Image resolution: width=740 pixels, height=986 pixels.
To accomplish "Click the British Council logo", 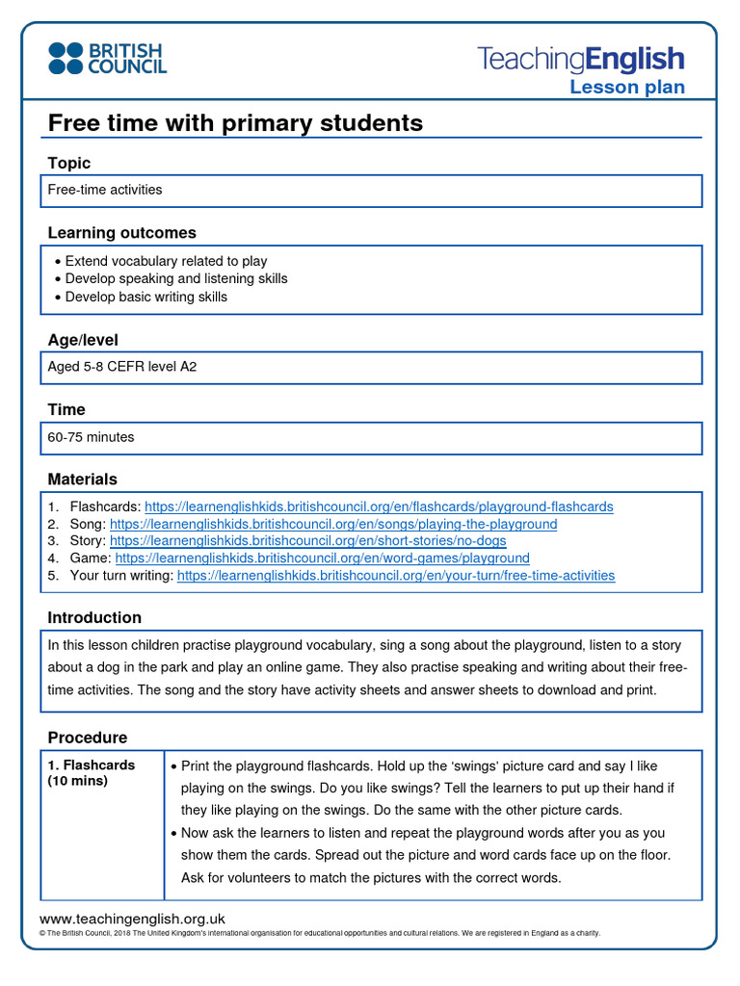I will pyautogui.click(x=107, y=58).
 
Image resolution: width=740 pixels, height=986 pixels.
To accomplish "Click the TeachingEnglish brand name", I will pyautogui.click(x=580, y=59).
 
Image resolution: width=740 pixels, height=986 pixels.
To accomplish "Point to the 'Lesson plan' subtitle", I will pyautogui.click(x=626, y=88).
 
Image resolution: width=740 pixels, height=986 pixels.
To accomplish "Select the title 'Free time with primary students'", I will pyautogui.click(x=235, y=123).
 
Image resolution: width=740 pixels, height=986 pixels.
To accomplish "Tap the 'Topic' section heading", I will pyautogui.click(x=69, y=164).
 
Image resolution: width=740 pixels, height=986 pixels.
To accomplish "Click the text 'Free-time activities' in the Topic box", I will pyautogui.click(x=105, y=190).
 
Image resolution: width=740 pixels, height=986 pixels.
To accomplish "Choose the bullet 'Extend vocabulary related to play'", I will pyautogui.click(x=166, y=261).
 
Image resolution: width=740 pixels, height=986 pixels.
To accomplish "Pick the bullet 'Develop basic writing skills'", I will pyautogui.click(x=146, y=297).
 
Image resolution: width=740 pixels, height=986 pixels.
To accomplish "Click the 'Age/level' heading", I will pyautogui.click(x=83, y=340).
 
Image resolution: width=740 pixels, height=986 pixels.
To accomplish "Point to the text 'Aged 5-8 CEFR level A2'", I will pyautogui.click(x=122, y=367).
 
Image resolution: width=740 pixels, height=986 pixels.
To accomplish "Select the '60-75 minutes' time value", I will pyautogui.click(x=92, y=437).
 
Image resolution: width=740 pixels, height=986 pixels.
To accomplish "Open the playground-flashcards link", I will pyautogui.click(x=378, y=506).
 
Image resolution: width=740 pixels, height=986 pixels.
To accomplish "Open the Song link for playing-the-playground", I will pyautogui.click(x=333, y=524).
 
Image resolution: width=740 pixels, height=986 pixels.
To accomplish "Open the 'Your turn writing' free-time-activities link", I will pyautogui.click(x=396, y=576).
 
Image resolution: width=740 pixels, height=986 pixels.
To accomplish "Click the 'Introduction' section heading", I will pyautogui.click(x=94, y=617).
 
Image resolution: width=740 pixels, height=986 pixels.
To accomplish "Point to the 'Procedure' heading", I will pyautogui.click(x=88, y=738).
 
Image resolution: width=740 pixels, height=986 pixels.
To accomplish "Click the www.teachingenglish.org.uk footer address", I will pyautogui.click(x=132, y=919).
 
